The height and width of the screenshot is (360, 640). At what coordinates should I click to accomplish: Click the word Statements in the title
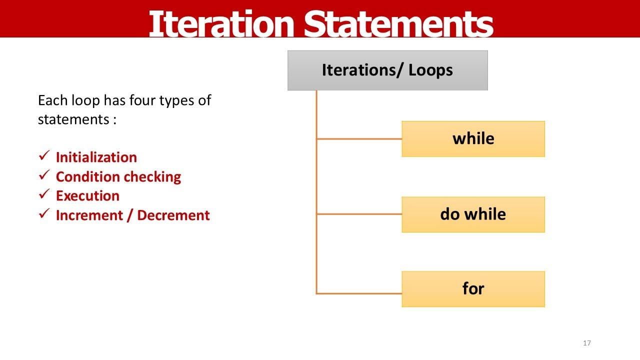click(398, 24)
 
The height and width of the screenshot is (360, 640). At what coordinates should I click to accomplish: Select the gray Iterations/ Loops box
click(387, 70)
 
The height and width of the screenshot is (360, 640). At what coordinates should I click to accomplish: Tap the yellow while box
click(473, 138)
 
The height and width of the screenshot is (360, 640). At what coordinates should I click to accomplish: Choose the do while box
click(473, 214)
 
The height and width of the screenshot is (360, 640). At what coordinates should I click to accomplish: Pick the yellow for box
click(473, 289)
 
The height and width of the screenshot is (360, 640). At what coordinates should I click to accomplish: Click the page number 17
click(587, 343)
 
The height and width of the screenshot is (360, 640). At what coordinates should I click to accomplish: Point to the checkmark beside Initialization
click(43, 156)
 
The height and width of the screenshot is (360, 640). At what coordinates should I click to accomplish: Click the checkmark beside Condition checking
click(43, 176)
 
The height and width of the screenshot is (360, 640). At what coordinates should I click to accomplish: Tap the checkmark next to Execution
click(43, 195)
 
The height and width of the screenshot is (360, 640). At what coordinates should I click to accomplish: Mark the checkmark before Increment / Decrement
click(43, 214)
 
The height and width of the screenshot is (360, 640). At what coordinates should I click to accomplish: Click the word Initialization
click(96, 157)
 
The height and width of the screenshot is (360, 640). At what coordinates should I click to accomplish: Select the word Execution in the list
click(87, 196)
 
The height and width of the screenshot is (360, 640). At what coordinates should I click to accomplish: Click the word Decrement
click(173, 215)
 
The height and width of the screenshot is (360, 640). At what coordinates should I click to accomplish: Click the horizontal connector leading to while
click(359, 139)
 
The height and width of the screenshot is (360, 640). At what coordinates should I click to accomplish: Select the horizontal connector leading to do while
click(359, 214)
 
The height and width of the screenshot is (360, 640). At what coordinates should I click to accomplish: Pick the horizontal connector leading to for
click(359, 293)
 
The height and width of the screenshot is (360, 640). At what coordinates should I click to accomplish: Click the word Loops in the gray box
click(430, 70)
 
